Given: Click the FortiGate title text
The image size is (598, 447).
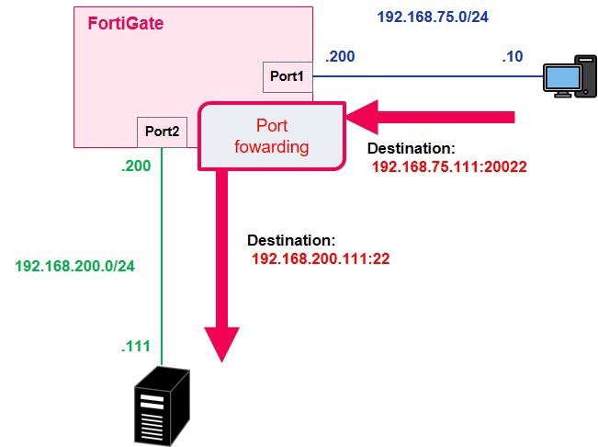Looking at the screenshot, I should pos(126,24).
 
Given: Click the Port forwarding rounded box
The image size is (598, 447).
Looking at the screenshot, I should pos(272,135).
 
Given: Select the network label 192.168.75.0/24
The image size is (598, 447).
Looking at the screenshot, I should pos(432,17).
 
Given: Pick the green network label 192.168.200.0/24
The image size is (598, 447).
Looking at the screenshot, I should pos(74,266).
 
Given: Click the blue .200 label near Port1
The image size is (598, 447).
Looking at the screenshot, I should pos(336,58).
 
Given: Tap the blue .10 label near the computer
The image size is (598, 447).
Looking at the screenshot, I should pos(513,58).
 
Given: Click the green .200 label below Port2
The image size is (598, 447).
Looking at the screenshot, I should pos(136,167).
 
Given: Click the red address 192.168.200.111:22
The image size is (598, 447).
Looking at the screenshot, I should pos(321,258).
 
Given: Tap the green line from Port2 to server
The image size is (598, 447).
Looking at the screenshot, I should pos(163,258).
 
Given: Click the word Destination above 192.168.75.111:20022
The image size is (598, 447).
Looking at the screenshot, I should pos(410,148).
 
